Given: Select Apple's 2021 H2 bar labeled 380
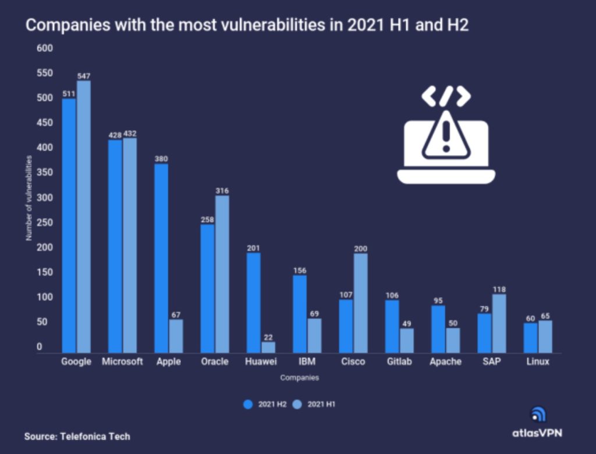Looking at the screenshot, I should coord(161,258).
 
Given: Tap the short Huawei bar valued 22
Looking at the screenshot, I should coord(268,347).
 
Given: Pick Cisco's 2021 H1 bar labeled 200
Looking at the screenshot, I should coord(361,303).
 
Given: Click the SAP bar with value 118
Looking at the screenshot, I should coord(499,323).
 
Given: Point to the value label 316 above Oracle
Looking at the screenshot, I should coord(222,191).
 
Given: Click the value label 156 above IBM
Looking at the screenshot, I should coord(300,270).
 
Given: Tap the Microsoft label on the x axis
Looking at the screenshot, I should coord(122,362).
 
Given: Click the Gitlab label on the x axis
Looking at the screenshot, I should coord(399,362).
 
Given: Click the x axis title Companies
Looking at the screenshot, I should coord(299,378).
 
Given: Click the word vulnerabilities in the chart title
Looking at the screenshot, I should coord(273,26).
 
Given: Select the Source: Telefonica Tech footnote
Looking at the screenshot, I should coord(77,436).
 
